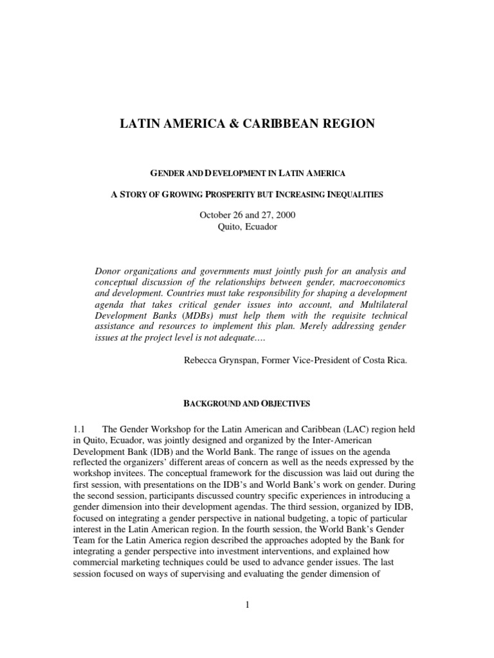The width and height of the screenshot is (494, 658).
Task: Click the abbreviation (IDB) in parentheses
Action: click(154, 450)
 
